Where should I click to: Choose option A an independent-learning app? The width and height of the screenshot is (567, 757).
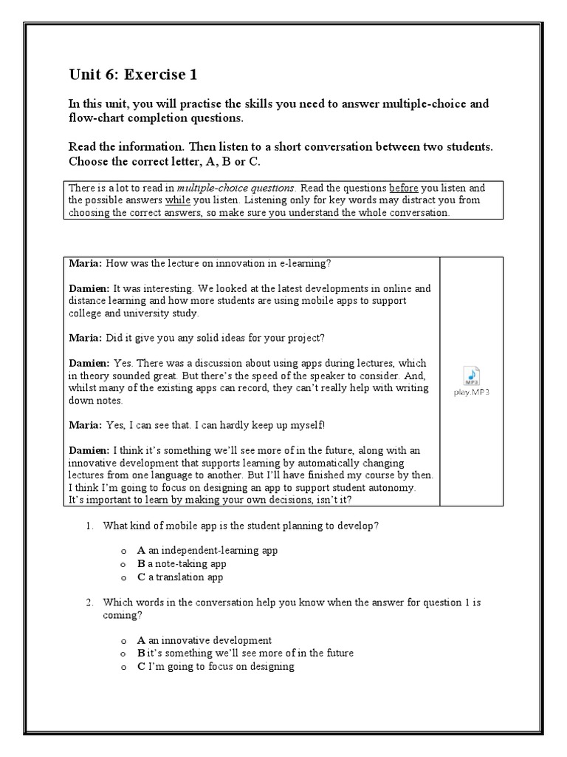(x=207, y=551)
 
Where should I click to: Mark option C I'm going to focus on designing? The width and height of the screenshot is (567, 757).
(x=216, y=667)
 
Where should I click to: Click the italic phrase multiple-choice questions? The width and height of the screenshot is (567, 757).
(x=235, y=188)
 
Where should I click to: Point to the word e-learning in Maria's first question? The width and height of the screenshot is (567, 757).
(x=315, y=263)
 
